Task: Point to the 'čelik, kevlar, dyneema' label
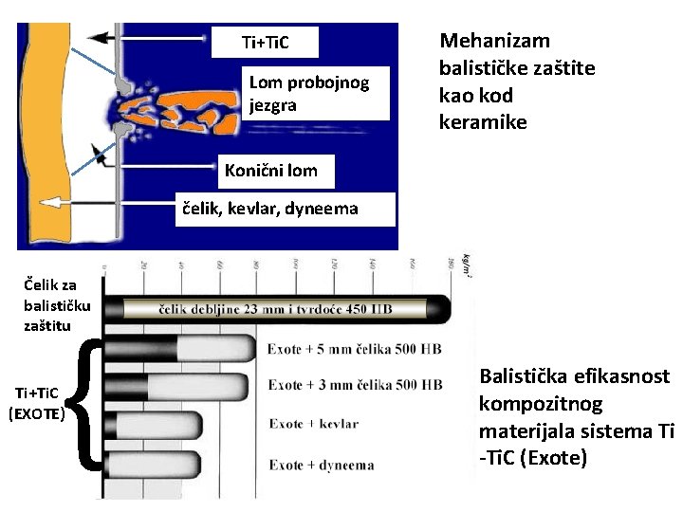point(275,209)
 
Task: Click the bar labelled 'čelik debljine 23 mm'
point(285,308)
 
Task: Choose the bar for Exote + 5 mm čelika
point(180,348)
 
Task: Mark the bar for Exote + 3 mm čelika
point(175,386)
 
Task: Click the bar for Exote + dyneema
point(175,465)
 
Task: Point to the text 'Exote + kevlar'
point(313,424)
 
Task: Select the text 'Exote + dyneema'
point(321,465)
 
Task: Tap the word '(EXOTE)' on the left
point(36,413)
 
